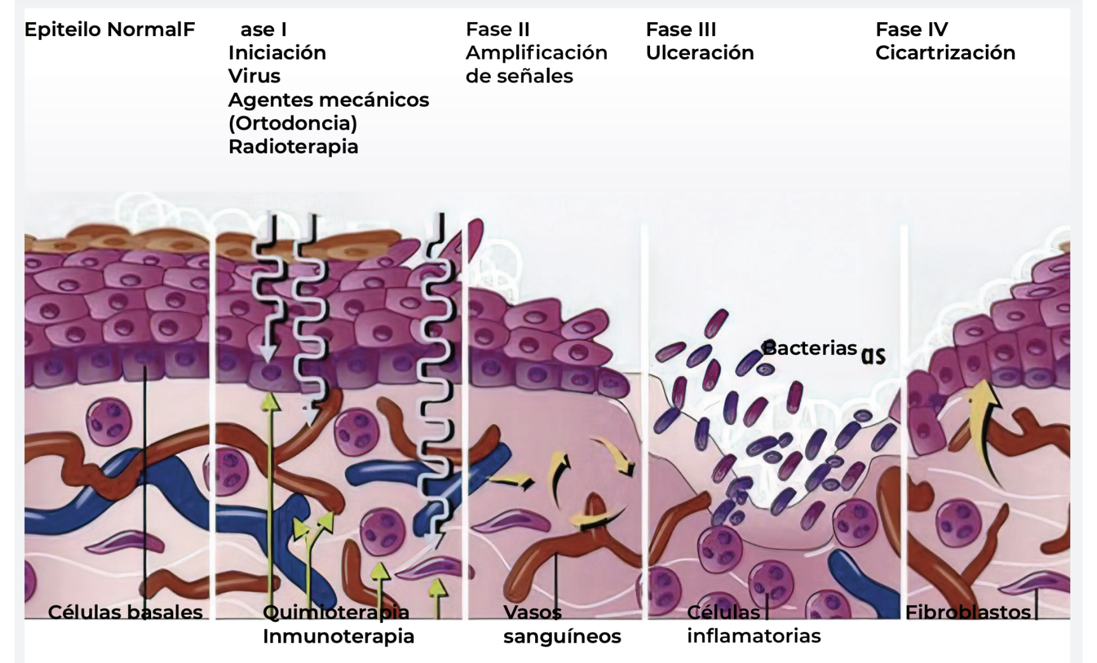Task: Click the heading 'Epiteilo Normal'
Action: tap(104, 29)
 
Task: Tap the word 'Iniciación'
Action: tap(277, 53)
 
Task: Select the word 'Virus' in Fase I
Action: tap(254, 76)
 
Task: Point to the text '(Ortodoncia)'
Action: tap(293, 123)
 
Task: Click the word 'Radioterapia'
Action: tap(293, 147)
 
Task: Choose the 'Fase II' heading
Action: tap(497, 29)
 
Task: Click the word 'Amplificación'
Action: tap(536, 53)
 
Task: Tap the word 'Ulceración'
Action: tap(700, 53)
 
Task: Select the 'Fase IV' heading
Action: tap(912, 29)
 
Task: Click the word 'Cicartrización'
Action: tap(945, 53)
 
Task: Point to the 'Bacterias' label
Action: tap(809, 348)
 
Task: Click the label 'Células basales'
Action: tap(125, 612)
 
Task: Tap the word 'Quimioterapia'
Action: tap(336, 612)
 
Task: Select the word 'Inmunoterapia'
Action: tap(338, 636)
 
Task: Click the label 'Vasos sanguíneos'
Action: tap(562, 624)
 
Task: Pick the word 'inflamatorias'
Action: tap(754, 636)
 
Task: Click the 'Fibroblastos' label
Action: tap(967, 612)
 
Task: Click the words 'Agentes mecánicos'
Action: tap(328, 100)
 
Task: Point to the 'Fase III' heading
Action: tap(681, 29)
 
